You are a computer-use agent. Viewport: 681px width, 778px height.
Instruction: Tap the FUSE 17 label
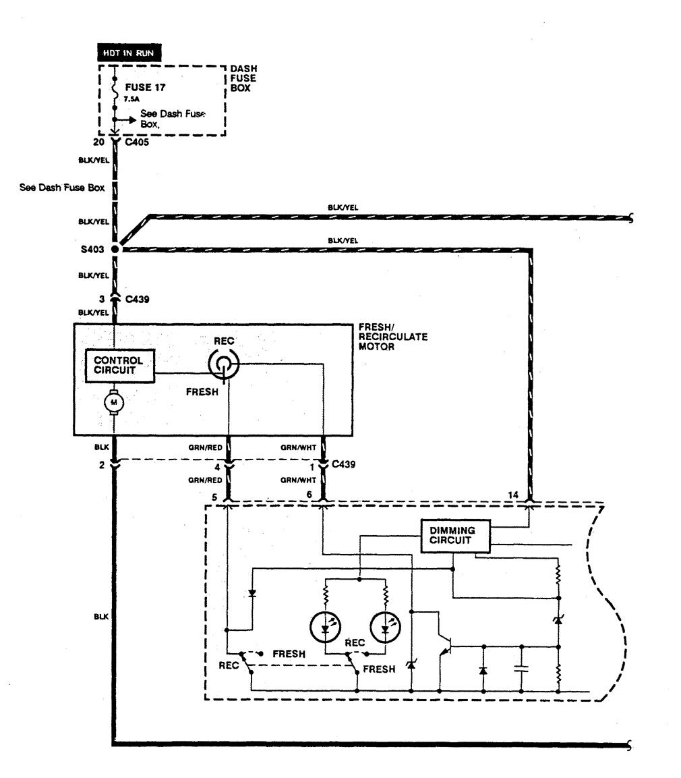[144, 87]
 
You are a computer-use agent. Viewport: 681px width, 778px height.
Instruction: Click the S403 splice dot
[115, 250]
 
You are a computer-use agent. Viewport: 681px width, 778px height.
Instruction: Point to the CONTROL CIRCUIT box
[119, 365]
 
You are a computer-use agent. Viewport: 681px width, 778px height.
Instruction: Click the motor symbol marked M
[112, 403]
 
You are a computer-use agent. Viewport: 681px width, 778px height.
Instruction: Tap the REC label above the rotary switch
[223, 341]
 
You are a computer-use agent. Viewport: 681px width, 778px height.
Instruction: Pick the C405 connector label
[134, 142]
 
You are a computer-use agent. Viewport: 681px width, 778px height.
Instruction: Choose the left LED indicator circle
[326, 628]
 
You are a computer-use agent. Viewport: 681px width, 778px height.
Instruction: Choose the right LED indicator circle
[386, 628]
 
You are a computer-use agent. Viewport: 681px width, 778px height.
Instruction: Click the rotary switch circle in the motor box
[223, 364]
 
